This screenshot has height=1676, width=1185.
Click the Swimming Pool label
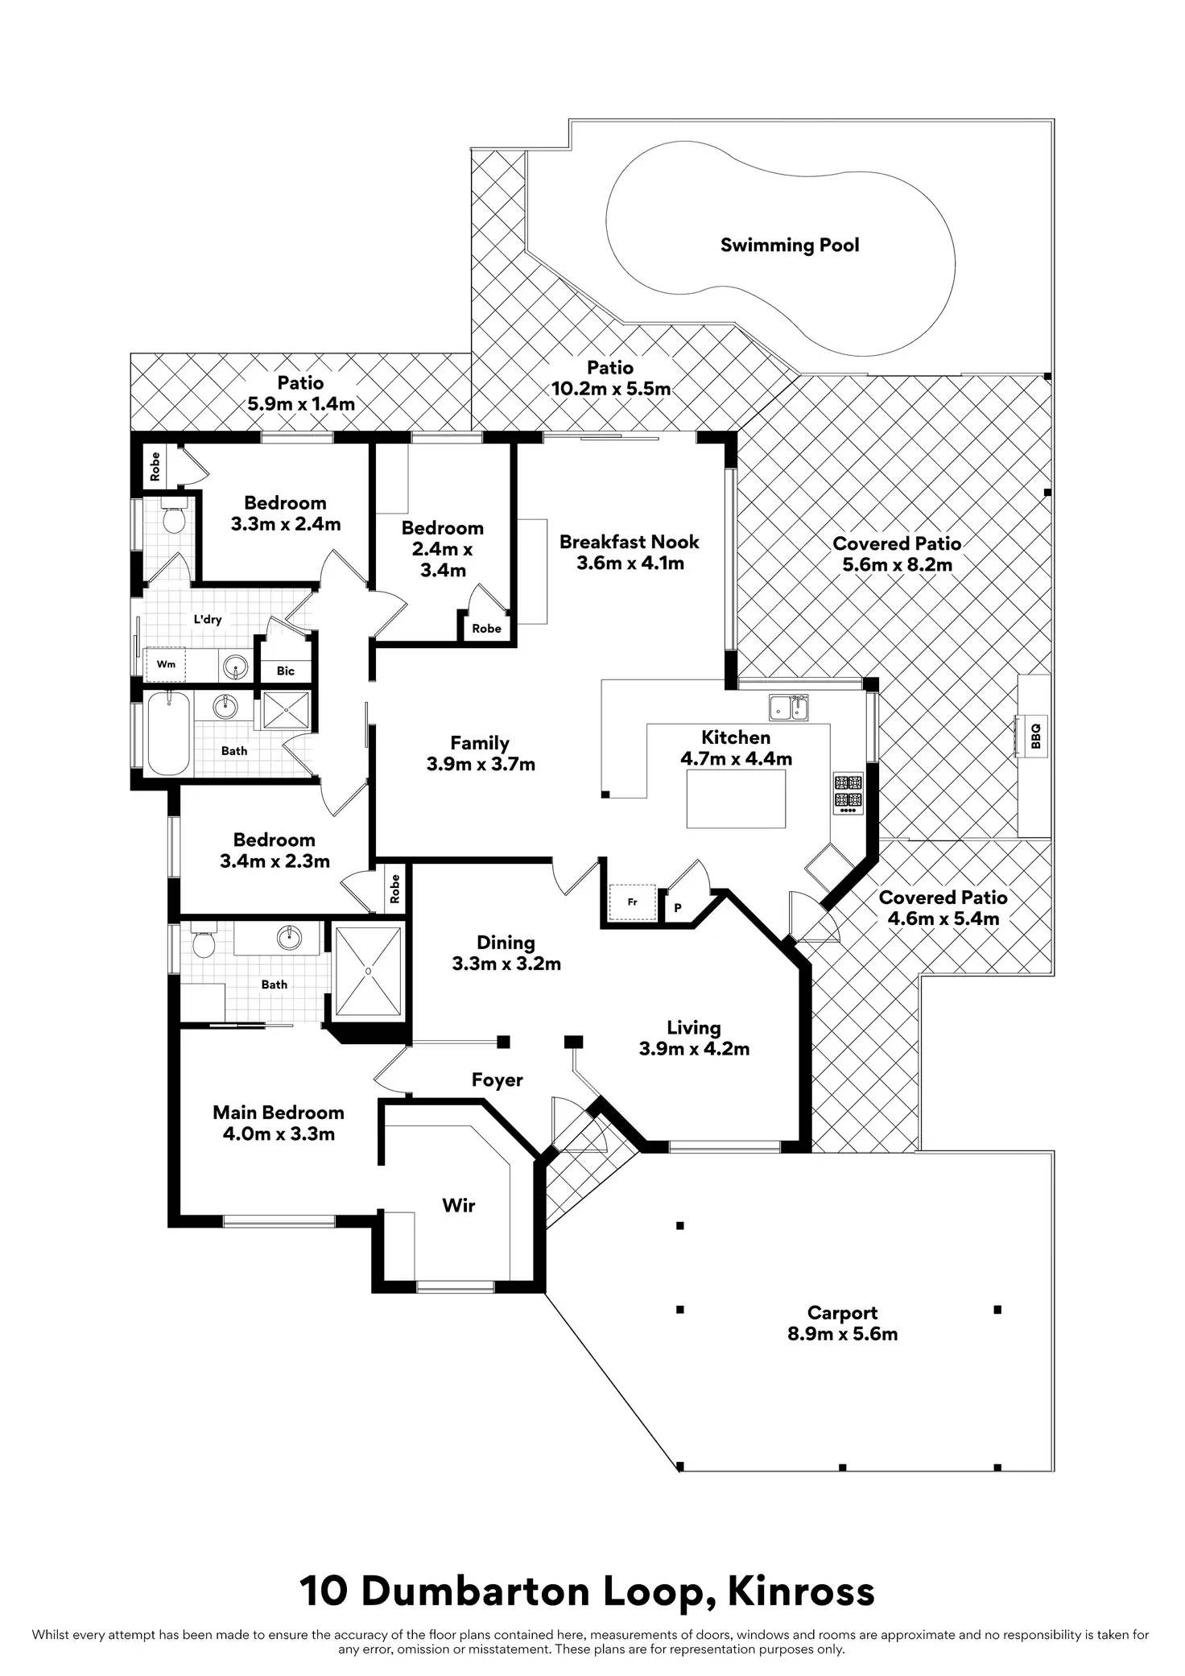790,245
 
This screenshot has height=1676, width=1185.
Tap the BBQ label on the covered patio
1036,736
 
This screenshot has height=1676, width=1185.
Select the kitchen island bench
736,799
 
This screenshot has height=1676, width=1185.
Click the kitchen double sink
789,708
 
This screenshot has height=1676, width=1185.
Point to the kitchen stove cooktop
848,793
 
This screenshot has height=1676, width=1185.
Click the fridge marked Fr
633,902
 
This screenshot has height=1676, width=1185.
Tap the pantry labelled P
678,908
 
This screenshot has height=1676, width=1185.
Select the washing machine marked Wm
166,664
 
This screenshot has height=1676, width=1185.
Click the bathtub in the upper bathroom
168,733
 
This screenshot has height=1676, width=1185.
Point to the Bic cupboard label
286,671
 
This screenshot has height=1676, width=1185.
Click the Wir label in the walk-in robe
459,1205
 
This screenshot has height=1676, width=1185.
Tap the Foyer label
498,1080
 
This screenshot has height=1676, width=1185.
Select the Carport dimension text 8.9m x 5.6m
843,1334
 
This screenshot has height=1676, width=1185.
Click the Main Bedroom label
279,1113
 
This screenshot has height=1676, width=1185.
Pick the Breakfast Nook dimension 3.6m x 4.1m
630,563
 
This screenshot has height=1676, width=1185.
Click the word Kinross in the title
802,1591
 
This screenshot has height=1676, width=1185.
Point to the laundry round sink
235,666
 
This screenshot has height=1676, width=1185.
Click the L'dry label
208,619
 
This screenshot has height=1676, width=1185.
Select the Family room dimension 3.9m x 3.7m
481,764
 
